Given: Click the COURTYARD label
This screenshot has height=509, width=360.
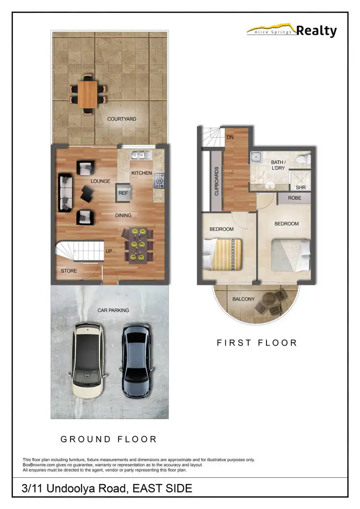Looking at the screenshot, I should tap(121, 119).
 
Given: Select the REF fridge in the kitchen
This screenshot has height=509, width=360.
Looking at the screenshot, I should tap(123, 193).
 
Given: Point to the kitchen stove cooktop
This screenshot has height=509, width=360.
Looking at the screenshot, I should tap(159, 181).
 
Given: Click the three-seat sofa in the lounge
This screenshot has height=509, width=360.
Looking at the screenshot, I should tap(65, 193).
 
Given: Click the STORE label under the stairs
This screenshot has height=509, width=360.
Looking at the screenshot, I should tap(69, 271).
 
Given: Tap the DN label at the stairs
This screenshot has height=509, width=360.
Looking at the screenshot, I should tap(229, 137).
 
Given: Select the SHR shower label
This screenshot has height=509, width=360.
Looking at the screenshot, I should tap(301, 188).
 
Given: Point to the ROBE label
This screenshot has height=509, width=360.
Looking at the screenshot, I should tap(295, 198).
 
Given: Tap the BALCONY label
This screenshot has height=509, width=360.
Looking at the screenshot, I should tap(243, 299).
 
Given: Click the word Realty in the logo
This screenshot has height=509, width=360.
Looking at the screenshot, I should tap(316, 31).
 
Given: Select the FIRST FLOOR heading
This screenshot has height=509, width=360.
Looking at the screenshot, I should tap(257, 343).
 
